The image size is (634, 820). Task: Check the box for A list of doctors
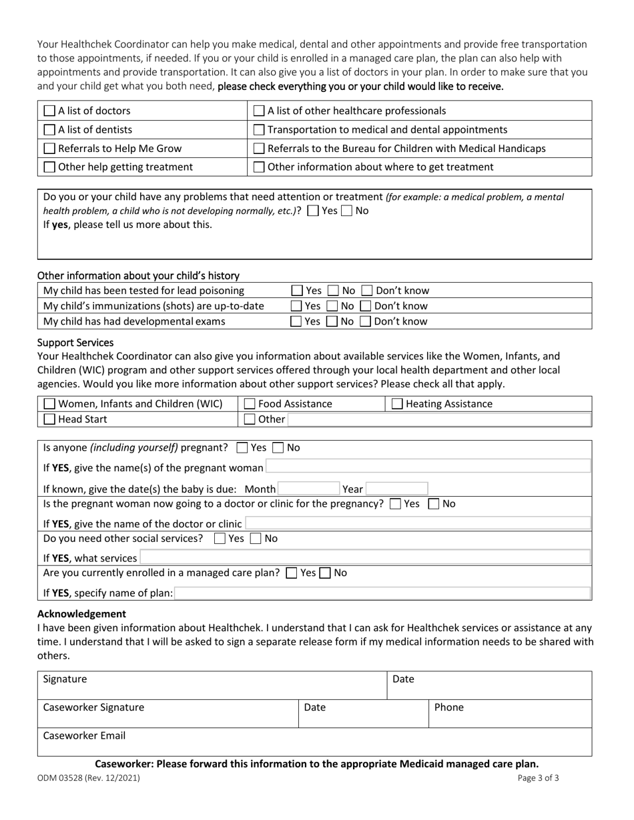[x=49, y=111]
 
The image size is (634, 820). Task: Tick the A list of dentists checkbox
[x=49, y=129]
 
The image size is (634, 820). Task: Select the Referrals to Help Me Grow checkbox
[x=49, y=148]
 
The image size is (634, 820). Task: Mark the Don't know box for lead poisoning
[x=366, y=291]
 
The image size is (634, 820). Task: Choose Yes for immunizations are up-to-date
[x=296, y=306]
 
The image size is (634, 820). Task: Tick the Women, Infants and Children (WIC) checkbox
[x=49, y=403]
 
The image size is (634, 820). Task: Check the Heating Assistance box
[x=397, y=403]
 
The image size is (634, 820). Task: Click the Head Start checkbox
[x=49, y=419]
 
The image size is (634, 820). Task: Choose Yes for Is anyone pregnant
[x=242, y=448]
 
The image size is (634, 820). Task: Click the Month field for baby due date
[x=308, y=489]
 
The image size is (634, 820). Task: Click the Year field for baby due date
[x=396, y=489]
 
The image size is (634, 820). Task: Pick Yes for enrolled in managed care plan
[x=291, y=573]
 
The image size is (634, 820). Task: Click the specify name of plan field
[x=382, y=593]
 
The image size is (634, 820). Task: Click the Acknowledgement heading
[x=81, y=613]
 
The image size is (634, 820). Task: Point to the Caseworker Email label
[x=84, y=736]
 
